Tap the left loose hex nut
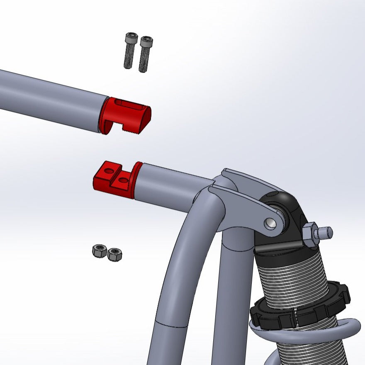pos(100,251)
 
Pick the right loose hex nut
pos(114,254)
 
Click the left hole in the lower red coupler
pos(109,170)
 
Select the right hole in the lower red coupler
pos(124,180)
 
